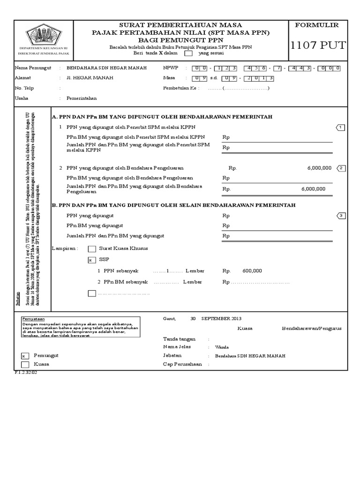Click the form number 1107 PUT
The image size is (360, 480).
[x=318, y=45]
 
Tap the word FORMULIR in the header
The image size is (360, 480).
[x=318, y=25]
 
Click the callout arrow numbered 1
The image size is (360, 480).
[x=341, y=127]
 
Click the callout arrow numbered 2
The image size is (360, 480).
[x=341, y=168]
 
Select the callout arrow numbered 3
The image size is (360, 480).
[x=341, y=216]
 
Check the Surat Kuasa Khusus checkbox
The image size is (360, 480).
[x=92, y=249]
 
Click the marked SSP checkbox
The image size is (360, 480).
[x=92, y=260]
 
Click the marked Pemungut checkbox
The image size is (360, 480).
[x=25, y=356]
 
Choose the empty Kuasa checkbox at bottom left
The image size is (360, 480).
[x=25, y=364]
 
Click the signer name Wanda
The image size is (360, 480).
[x=222, y=347]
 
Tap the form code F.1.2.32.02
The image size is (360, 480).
[x=26, y=372]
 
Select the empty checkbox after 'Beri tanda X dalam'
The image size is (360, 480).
[x=188, y=53]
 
